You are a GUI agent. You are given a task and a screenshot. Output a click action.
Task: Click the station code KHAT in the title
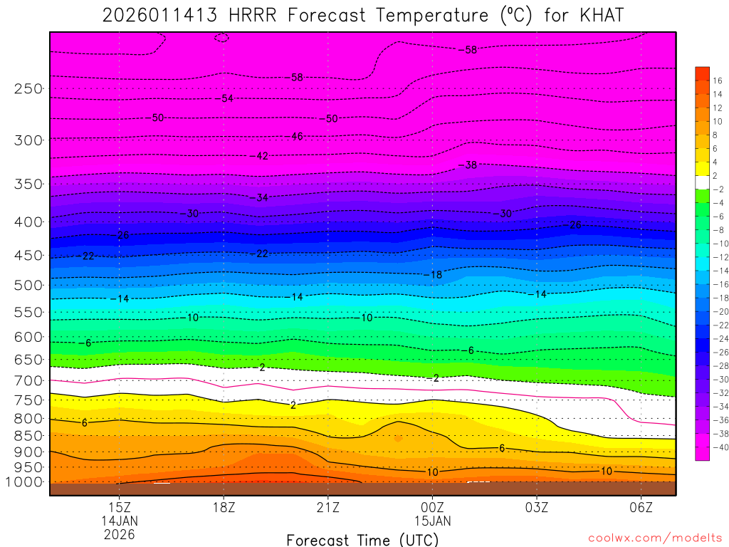tap(597, 15)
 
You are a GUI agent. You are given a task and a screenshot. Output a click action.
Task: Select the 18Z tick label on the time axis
tap(224, 507)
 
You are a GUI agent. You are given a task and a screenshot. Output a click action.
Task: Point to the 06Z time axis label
tap(641, 507)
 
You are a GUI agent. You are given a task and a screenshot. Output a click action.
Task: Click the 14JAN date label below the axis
tap(119, 521)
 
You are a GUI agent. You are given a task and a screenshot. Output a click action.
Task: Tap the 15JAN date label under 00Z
tap(432, 521)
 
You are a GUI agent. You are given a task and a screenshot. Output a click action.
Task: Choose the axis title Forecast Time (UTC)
tap(363, 539)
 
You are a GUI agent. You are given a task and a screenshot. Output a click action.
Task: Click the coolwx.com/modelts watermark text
tap(655, 537)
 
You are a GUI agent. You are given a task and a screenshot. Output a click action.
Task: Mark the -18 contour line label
tap(435, 275)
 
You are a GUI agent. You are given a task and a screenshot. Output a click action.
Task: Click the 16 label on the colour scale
tap(717, 80)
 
